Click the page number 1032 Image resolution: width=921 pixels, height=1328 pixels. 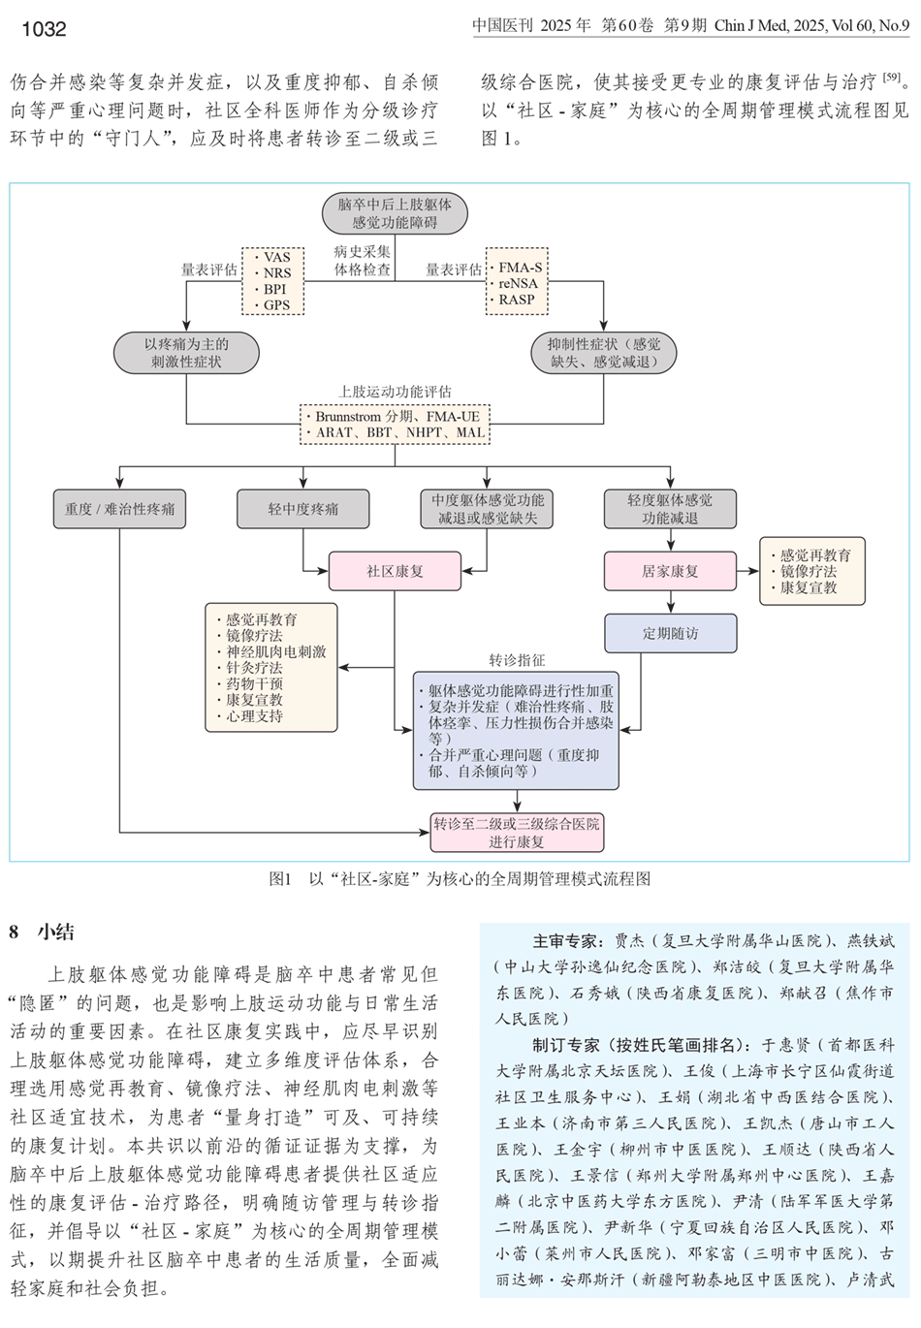pos(44,29)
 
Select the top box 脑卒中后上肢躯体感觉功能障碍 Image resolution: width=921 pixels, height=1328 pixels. pos(395,213)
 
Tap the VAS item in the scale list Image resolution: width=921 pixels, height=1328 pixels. pos(276,257)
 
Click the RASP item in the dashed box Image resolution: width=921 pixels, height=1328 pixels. pos(517,300)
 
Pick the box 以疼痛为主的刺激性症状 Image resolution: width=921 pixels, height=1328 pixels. pos(186,353)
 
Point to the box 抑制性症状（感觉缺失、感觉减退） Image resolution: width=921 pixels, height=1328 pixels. pos(604,353)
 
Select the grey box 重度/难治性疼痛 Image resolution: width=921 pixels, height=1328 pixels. pos(120,509)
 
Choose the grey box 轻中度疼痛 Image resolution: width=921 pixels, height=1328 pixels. pos(303,509)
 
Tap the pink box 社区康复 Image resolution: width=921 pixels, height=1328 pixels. pos(395,571)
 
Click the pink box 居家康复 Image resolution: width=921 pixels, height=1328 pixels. pos(670,571)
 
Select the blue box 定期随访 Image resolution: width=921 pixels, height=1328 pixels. pos(670,633)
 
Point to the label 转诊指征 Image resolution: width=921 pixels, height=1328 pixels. pos(517,660)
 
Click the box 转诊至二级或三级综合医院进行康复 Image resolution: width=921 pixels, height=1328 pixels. pos(517,833)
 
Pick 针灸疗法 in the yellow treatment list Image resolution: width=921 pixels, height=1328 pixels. pos(254,668)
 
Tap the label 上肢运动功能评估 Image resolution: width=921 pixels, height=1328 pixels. pos(395,392)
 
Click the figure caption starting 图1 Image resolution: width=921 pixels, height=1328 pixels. pos(460,879)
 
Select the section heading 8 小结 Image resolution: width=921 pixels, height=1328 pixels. pos(42,933)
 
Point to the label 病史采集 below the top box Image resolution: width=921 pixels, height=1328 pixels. pos(362,252)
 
